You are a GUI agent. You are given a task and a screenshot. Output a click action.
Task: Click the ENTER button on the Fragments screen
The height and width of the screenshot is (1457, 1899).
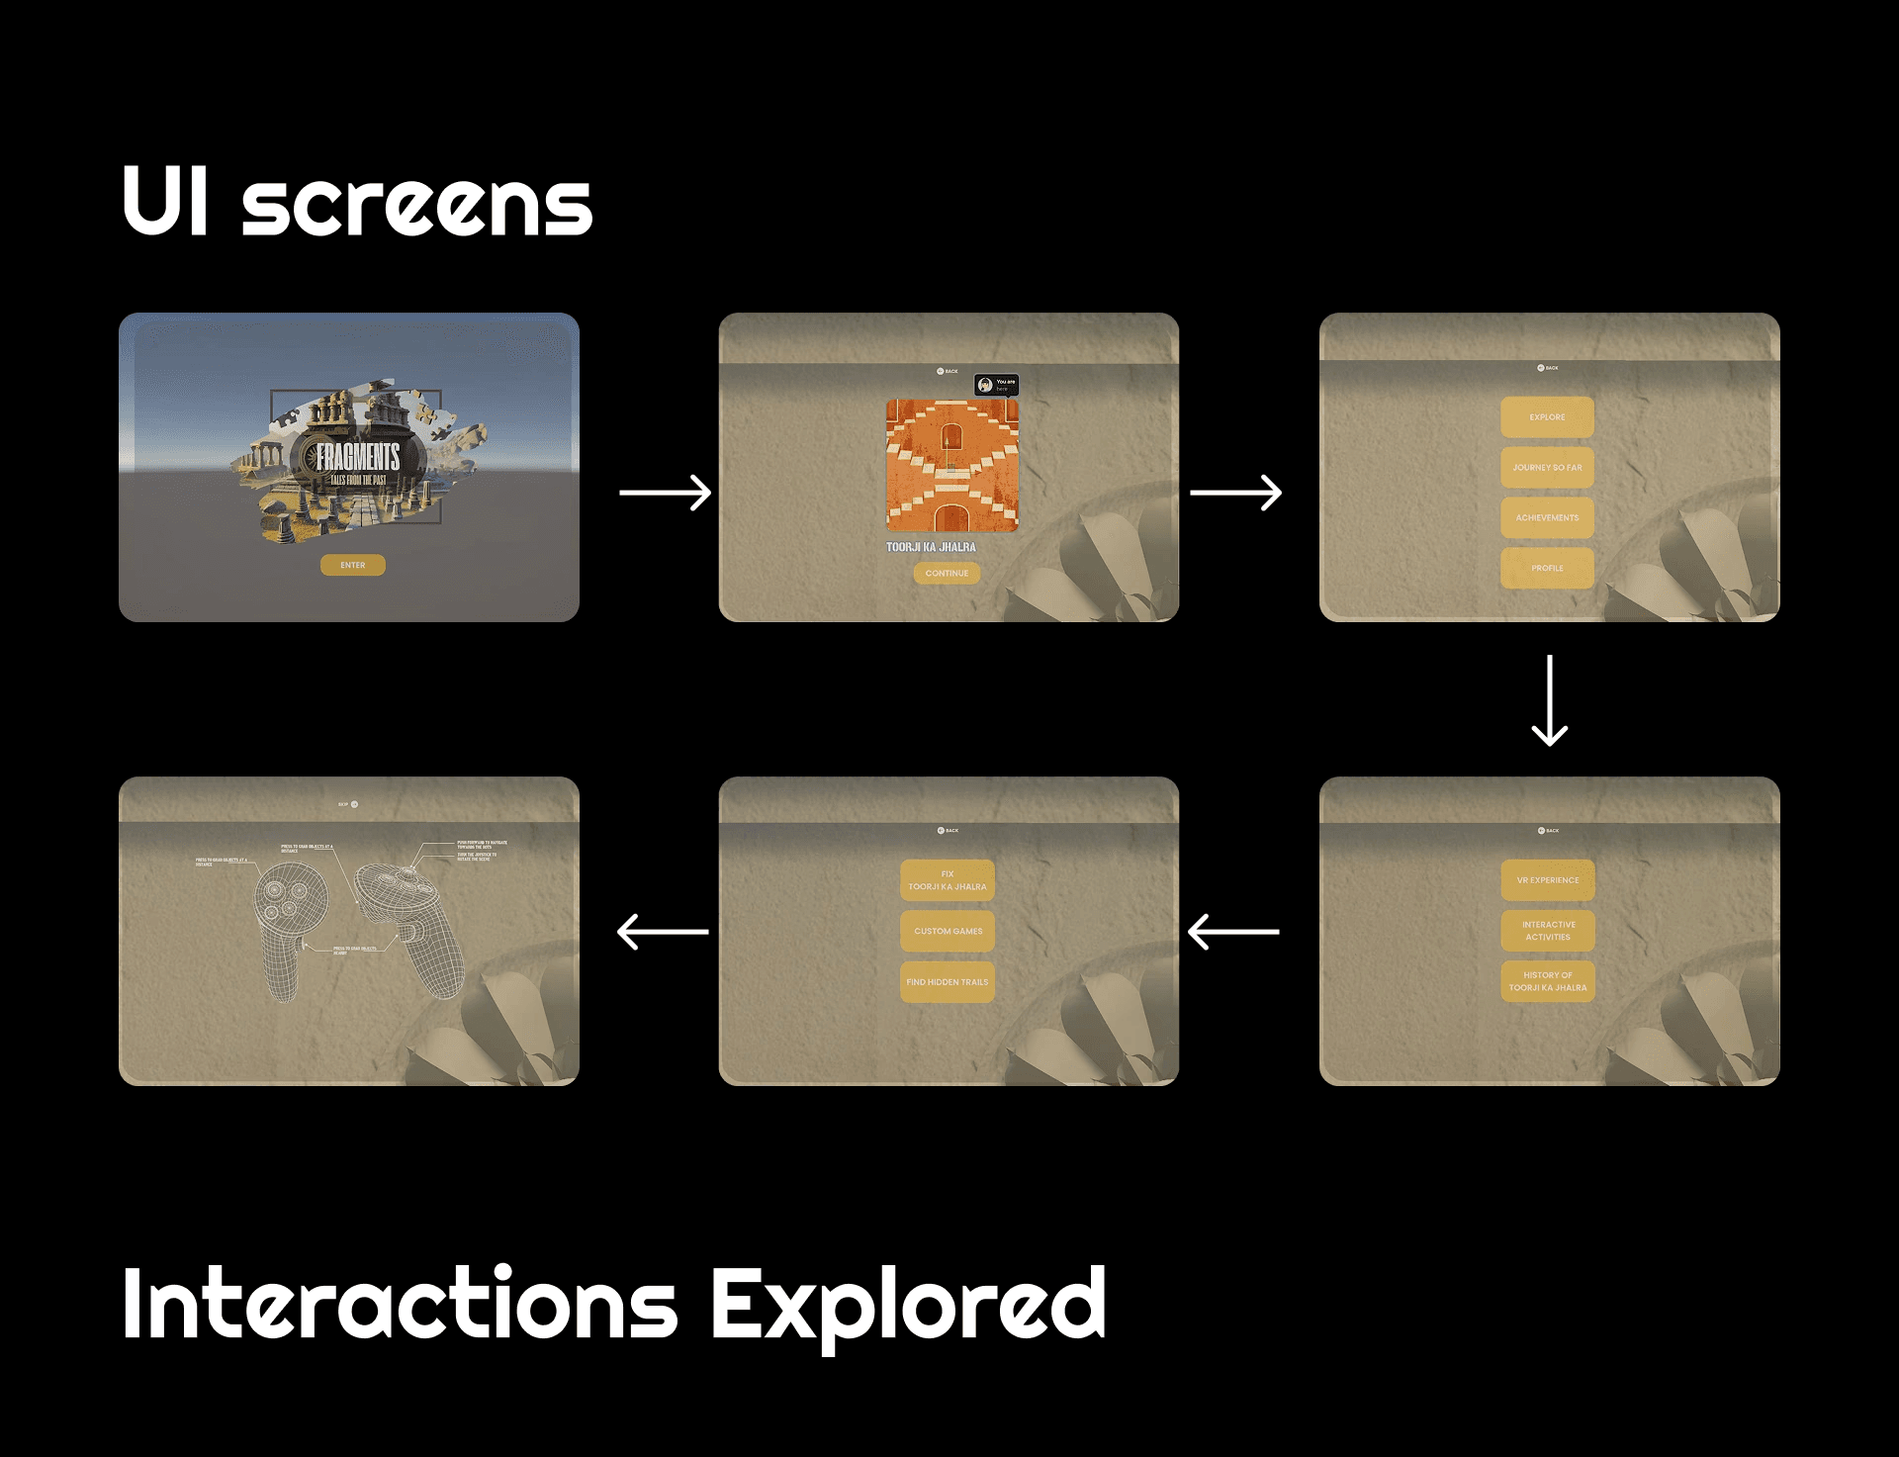tap(352, 565)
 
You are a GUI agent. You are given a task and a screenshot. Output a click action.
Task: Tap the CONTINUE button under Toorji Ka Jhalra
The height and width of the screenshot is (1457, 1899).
tap(947, 573)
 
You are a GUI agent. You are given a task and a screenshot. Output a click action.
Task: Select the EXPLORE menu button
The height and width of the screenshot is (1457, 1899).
tap(1547, 417)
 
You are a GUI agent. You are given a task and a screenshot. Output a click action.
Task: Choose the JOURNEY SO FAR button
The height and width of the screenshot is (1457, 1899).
tap(1547, 468)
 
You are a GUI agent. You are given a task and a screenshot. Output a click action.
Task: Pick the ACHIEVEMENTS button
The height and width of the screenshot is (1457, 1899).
tap(1547, 517)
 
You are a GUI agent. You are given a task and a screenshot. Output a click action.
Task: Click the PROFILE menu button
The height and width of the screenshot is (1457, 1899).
tap(1547, 568)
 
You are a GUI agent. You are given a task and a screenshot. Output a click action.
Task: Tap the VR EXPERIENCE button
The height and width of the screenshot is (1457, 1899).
tap(1548, 880)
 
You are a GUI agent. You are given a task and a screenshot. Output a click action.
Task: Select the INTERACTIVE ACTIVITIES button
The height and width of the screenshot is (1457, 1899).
tap(1548, 931)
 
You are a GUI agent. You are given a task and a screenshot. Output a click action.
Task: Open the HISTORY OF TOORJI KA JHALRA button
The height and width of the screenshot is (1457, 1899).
tap(1548, 981)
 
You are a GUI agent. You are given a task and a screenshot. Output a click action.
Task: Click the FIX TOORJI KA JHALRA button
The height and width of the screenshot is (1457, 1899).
tap(948, 880)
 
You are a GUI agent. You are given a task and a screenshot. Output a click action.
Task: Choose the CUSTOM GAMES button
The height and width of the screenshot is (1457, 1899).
tap(948, 931)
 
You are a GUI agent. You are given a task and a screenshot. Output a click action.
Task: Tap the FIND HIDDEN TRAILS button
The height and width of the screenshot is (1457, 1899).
tap(948, 982)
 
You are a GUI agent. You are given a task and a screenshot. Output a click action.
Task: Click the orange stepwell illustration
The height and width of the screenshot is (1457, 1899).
tap(951, 465)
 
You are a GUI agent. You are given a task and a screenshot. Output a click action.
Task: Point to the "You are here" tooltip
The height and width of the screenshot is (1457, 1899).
tap(996, 385)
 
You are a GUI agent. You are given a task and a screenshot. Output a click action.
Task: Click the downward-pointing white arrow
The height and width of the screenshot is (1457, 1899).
tap(1549, 700)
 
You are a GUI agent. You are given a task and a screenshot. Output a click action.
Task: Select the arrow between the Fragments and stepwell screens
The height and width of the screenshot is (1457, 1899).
tap(665, 493)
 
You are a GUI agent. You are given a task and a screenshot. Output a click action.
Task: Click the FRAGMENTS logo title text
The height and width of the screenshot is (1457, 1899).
tap(358, 457)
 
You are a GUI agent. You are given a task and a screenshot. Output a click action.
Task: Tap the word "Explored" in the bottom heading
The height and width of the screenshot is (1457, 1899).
tap(907, 1306)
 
